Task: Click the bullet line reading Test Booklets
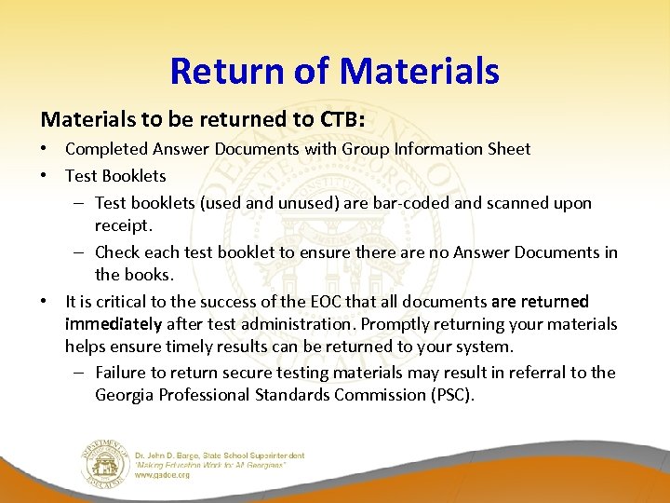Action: (x=115, y=176)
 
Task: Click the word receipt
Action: (x=123, y=225)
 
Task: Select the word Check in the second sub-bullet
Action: (x=116, y=251)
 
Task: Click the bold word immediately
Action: (x=114, y=324)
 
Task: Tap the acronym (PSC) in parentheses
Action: (x=453, y=395)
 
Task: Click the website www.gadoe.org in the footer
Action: (x=162, y=474)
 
